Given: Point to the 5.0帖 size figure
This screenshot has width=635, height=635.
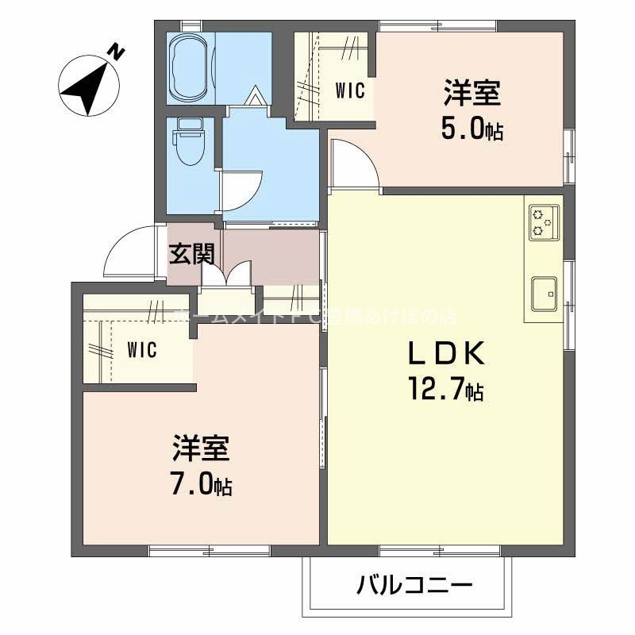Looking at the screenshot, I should tap(471, 129).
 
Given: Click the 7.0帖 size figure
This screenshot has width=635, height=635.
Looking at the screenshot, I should tap(201, 484).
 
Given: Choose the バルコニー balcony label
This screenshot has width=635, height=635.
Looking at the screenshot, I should tap(414, 587).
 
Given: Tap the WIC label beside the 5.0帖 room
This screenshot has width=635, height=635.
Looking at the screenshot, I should tap(349, 90).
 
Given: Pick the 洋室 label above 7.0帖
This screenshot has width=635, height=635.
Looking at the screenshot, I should tap(201, 449).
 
